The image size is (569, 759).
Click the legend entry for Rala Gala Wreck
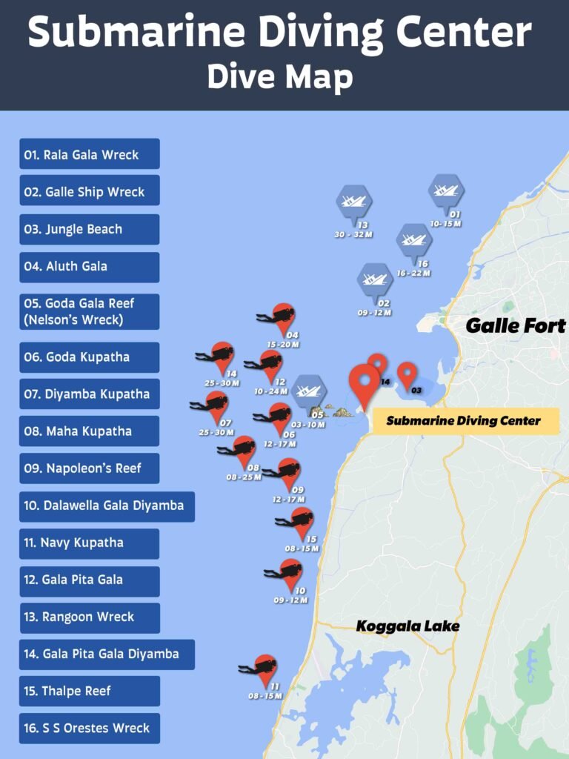89,154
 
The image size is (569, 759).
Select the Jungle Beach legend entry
89,229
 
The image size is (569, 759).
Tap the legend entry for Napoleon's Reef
89,468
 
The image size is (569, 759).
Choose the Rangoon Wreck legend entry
89,617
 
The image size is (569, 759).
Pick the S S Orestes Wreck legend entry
89,728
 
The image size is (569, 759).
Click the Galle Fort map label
516,325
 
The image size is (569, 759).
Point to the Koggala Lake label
407,626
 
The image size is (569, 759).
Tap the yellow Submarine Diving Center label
464,421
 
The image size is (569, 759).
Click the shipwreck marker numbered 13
354,202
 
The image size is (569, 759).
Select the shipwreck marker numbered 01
446,191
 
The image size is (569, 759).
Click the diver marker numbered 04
282,319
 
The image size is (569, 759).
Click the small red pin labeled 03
407,375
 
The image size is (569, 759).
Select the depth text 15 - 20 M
283,345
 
